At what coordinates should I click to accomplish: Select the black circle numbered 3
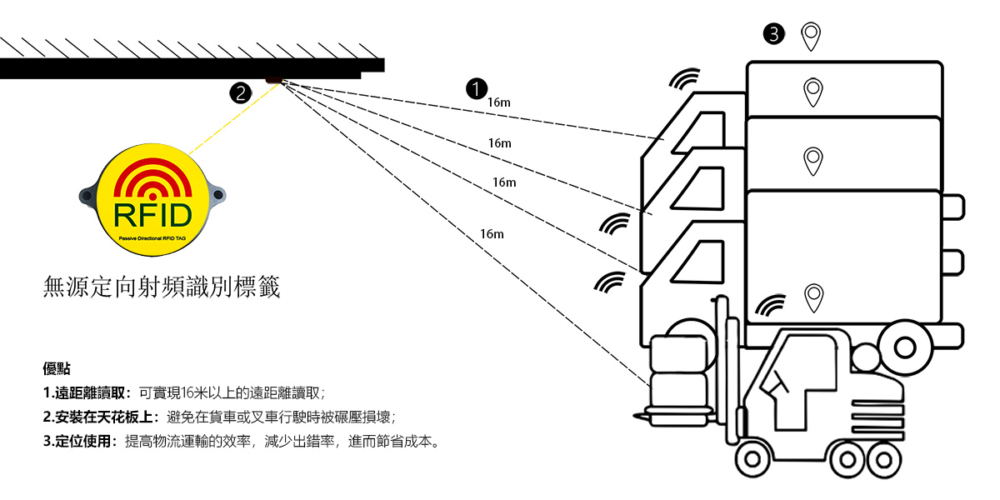point(774,34)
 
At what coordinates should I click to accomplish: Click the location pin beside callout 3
point(811,36)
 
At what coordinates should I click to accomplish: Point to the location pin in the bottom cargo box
point(813,297)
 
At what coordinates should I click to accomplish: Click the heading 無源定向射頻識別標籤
point(162,288)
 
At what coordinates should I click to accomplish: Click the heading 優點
point(56,368)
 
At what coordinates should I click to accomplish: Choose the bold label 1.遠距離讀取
point(87,392)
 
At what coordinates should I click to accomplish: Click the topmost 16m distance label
point(498,102)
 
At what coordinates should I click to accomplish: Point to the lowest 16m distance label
point(492,234)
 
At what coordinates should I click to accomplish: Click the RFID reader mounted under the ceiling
point(274,80)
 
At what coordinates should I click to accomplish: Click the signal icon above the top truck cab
point(685,78)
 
